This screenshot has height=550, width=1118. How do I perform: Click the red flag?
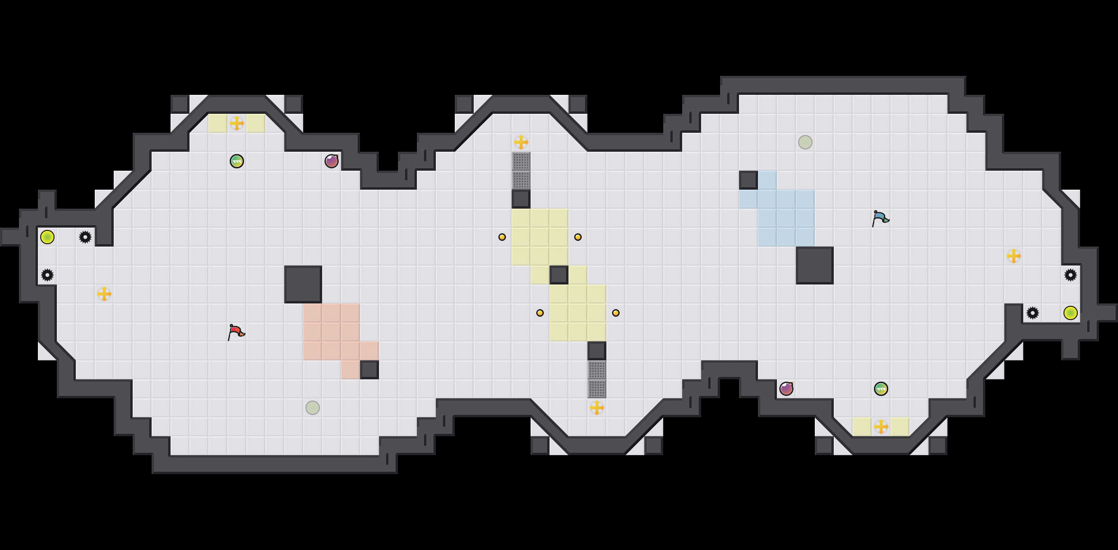[236, 332]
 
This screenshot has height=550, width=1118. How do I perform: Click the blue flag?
[880, 218]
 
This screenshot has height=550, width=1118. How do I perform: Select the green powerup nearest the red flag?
[237, 161]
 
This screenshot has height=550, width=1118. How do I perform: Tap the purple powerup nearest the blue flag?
[786, 389]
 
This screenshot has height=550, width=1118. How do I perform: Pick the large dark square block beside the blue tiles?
[815, 266]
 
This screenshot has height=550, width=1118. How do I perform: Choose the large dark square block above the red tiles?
[303, 284]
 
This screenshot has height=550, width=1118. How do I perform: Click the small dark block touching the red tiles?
[370, 370]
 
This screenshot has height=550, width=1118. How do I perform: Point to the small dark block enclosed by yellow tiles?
[559, 275]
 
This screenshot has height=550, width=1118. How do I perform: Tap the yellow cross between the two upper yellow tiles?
[237, 123]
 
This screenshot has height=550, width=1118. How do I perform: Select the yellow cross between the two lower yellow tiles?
[881, 427]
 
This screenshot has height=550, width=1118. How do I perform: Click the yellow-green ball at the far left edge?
[47, 237]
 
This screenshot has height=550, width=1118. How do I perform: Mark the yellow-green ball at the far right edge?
[1071, 313]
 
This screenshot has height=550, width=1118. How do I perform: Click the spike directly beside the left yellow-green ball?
[85, 237]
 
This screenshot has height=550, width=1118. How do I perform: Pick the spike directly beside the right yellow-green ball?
[1033, 313]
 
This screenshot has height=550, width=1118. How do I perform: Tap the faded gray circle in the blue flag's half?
[805, 142]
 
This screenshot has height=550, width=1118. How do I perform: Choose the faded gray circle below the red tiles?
[313, 408]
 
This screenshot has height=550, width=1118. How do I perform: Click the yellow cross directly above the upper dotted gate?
[521, 142]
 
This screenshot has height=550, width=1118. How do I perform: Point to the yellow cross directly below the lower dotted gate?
[597, 408]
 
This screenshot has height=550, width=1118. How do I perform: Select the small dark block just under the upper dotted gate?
[521, 199]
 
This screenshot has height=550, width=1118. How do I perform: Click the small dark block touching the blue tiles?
[748, 180]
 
